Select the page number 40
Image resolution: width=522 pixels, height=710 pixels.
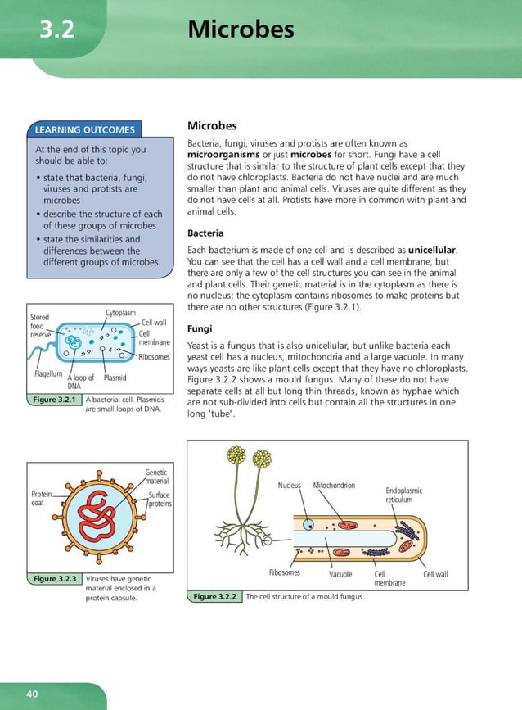click(x=32, y=694)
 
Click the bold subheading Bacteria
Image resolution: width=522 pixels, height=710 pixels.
click(x=205, y=233)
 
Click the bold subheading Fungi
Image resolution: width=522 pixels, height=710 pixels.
click(x=200, y=328)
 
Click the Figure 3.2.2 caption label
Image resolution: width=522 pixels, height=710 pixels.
click(x=215, y=596)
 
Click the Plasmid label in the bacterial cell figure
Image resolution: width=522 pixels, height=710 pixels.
click(x=115, y=378)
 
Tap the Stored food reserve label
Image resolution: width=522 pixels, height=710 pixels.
click(x=41, y=326)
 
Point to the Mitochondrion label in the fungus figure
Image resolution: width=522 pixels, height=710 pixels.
click(x=334, y=486)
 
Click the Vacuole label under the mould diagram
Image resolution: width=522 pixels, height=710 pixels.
click(x=340, y=574)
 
